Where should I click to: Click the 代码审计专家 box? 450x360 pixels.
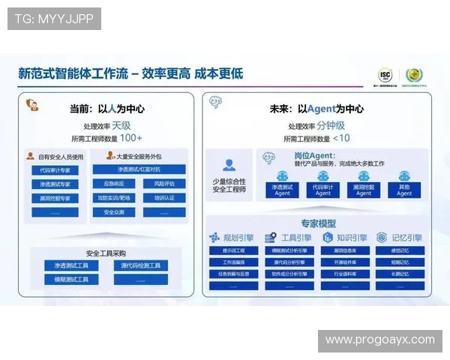[x=55, y=170]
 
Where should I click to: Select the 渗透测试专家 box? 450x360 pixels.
[x=55, y=184]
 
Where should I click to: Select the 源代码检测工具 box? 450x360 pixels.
[x=140, y=265]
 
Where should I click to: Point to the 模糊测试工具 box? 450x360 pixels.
[x=71, y=279]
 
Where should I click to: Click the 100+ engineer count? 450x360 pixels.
[x=130, y=139]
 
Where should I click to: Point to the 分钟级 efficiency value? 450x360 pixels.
[x=331, y=125]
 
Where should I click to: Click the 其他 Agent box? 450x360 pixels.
[x=404, y=189]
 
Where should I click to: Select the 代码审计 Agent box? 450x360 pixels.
[x=322, y=189]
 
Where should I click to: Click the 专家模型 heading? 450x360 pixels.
[x=319, y=223]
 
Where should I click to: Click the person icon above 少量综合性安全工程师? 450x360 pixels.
[x=229, y=165]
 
